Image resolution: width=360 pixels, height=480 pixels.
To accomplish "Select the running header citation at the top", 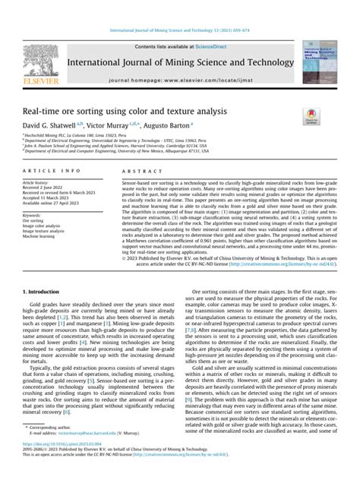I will coord(179,8).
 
